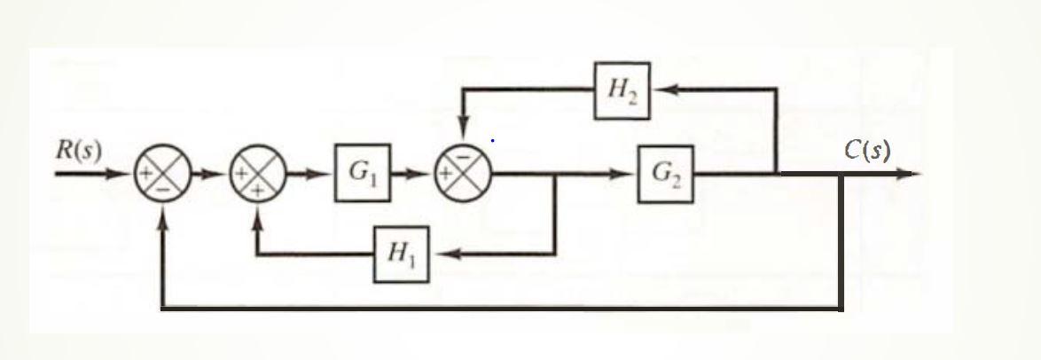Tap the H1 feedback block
(401, 254)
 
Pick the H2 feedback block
(622, 90)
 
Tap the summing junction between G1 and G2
(461, 174)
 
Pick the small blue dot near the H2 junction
(492, 140)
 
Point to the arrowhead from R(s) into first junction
(126, 174)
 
